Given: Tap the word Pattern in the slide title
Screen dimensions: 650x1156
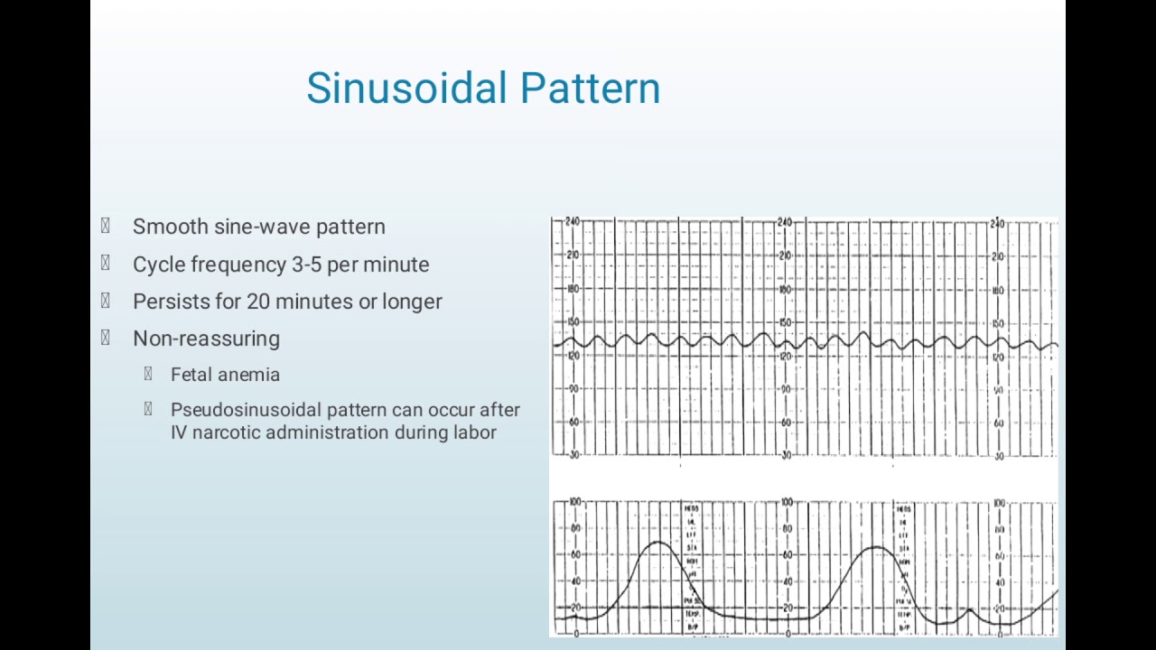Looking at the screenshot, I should (590, 88).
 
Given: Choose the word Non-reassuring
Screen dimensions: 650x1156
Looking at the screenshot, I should (206, 339).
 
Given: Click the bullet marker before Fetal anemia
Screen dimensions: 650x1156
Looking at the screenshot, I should (148, 375).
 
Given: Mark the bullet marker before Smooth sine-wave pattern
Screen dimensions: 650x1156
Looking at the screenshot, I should (106, 227).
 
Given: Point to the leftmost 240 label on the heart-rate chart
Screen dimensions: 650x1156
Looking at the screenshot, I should (573, 222).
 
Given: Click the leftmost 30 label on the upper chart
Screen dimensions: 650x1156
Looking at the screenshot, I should (573, 455).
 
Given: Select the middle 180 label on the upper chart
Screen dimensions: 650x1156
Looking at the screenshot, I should (785, 290).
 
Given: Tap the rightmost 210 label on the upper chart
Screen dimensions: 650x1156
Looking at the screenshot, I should (997, 256).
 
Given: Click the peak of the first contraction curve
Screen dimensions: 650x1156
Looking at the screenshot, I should (658, 543).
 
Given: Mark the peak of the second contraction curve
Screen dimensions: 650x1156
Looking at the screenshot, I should (874, 547).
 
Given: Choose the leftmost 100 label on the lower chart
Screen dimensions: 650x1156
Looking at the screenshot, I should (574, 501).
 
